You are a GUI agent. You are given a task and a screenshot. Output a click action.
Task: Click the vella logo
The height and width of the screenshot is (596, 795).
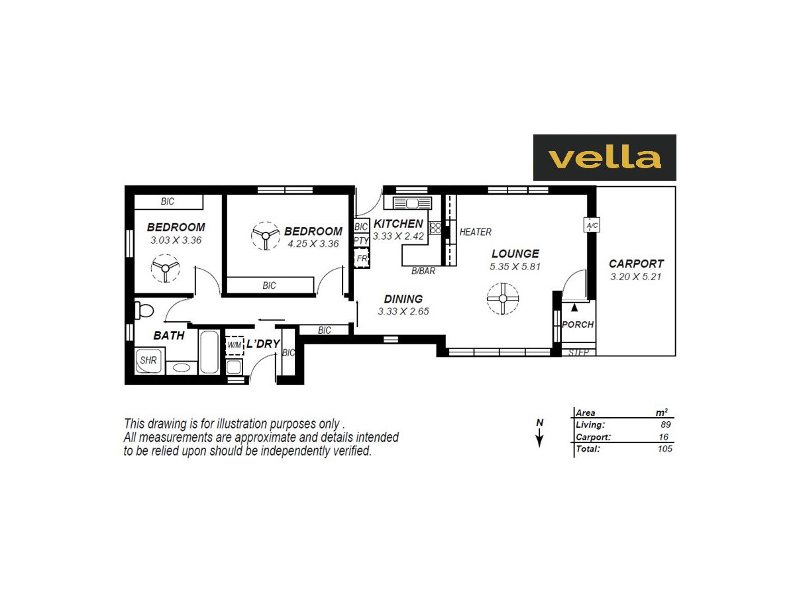[x=604, y=158]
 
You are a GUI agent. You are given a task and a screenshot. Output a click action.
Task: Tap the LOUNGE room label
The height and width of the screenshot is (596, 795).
[x=515, y=254]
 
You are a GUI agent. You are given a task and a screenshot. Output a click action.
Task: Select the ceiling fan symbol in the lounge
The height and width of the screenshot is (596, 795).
[x=502, y=299]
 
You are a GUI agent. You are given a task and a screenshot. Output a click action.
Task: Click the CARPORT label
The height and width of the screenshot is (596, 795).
[x=636, y=264]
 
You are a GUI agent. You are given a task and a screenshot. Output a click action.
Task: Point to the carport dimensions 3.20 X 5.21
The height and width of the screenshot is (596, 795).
[x=636, y=276]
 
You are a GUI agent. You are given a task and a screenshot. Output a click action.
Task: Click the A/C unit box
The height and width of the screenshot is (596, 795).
[x=592, y=226]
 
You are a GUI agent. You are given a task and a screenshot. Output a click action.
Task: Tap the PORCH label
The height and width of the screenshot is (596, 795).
[x=578, y=324]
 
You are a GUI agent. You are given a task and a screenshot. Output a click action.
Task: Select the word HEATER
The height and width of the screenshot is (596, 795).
[x=475, y=232]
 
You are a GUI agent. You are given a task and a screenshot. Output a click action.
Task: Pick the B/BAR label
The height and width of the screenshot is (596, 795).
[x=423, y=271]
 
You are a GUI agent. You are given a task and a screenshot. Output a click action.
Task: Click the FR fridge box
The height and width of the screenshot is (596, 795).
[x=362, y=258]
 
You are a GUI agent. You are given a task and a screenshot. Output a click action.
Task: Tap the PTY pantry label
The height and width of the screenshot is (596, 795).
[x=361, y=240]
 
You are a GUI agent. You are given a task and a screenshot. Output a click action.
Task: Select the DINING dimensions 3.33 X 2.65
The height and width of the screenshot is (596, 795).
[x=403, y=311]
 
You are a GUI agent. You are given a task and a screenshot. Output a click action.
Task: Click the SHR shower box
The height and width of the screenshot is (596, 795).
[x=148, y=361]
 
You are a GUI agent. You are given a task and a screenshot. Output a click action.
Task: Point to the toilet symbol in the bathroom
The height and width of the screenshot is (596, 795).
[x=144, y=310]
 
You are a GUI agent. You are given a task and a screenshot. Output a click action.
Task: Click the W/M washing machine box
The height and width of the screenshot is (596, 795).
[x=235, y=345]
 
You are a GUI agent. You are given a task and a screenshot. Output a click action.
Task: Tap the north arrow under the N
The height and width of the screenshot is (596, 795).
[x=540, y=438]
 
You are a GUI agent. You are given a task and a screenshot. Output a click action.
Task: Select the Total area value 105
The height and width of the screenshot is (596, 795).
[x=664, y=449]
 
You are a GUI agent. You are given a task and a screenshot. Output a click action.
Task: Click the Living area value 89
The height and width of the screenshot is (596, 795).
[x=666, y=425]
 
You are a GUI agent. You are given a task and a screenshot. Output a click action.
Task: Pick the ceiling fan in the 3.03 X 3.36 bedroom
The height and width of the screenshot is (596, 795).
[x=164, y=268]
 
